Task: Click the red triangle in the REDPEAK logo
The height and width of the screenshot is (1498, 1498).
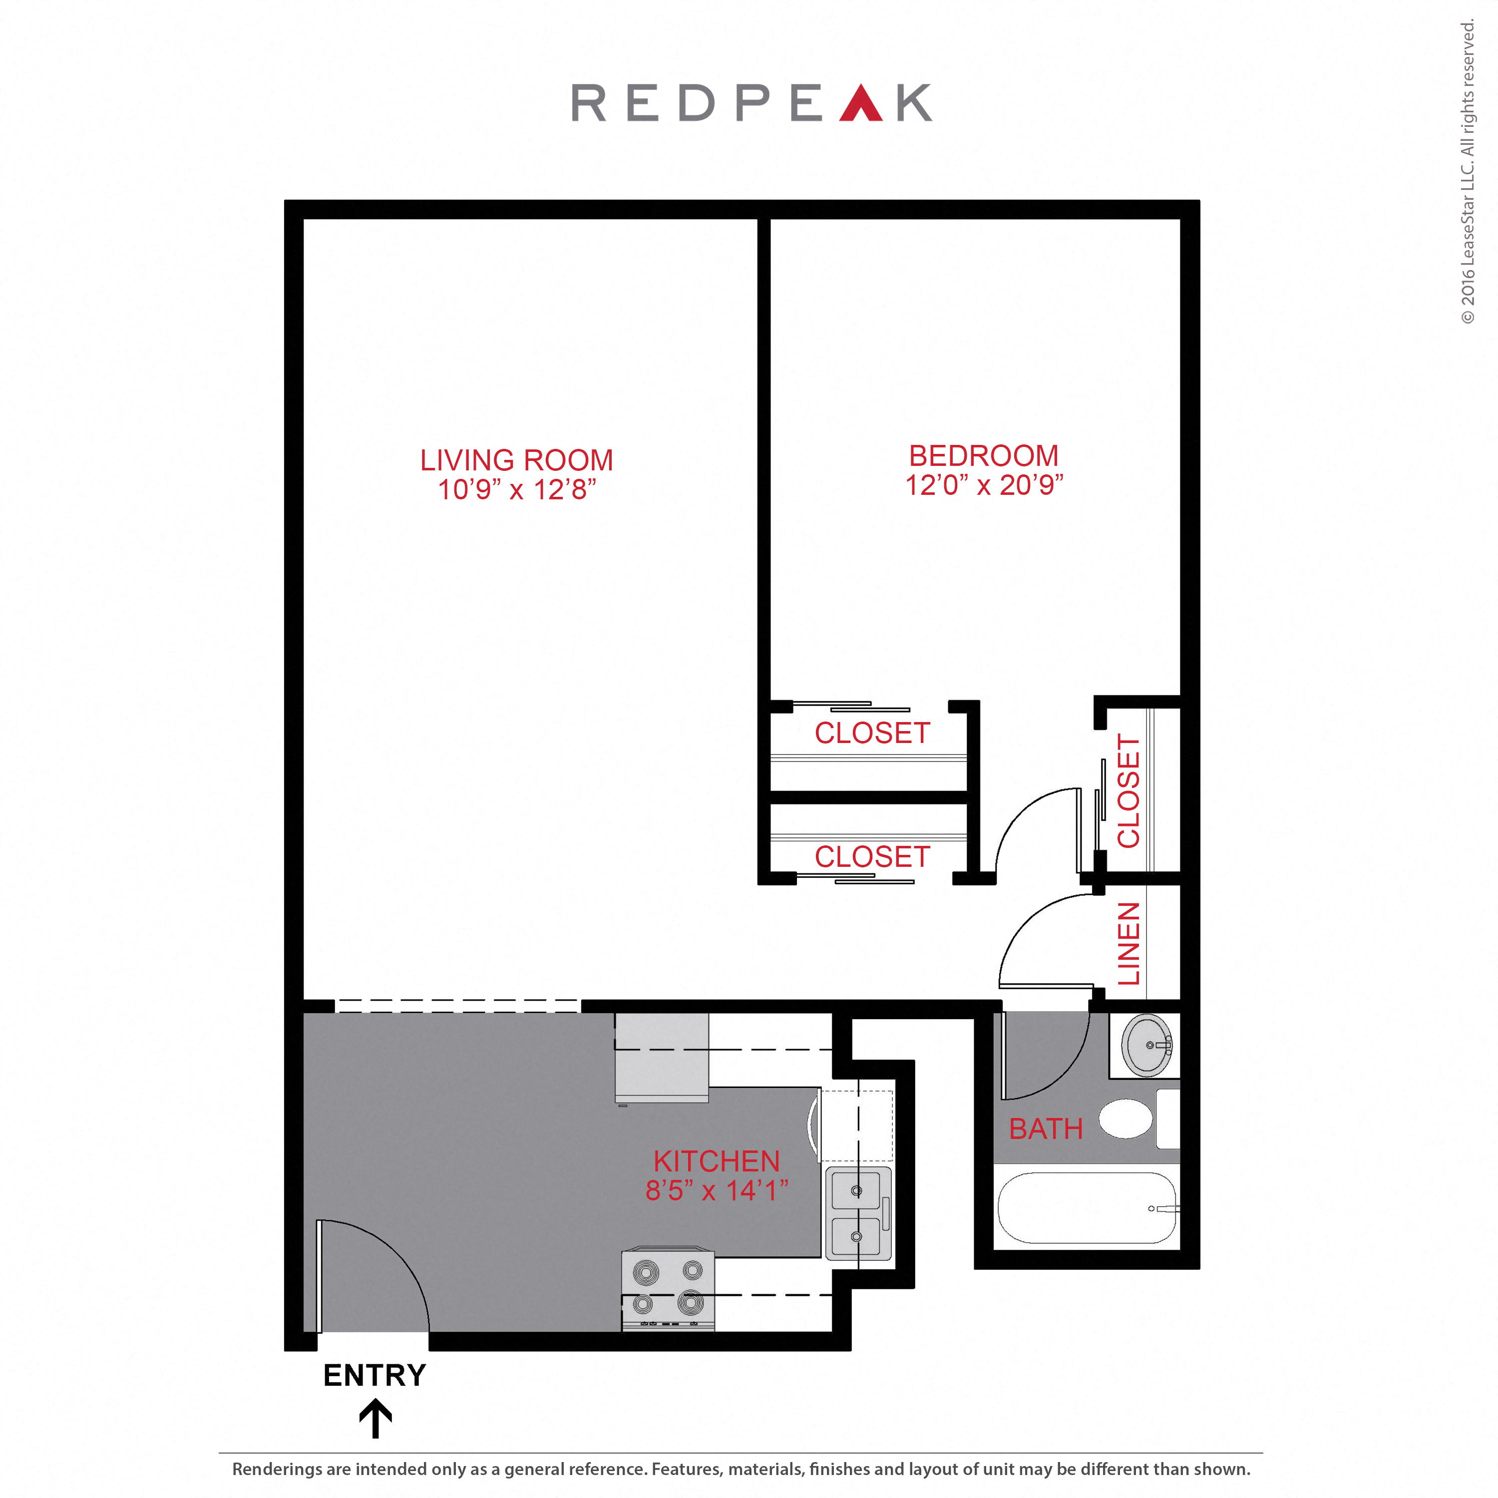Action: point(861,105)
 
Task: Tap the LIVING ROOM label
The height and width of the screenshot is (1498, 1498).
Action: point(516,460)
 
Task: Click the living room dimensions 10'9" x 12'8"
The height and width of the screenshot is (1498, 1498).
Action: point(516,490)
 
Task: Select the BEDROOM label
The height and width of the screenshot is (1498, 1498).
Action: point(983,456)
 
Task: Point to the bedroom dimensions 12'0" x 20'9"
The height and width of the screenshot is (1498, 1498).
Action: point(983,485)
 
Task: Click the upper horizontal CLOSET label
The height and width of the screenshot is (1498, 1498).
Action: point(871,733)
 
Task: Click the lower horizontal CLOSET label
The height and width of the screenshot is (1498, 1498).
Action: point(871,857)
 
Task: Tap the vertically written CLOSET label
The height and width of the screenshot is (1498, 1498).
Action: point(1128,791)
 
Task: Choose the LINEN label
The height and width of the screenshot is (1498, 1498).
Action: point(1128,944)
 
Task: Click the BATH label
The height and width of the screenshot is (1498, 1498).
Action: point(1045,1129)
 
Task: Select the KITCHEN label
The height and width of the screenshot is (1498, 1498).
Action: point(717,1161)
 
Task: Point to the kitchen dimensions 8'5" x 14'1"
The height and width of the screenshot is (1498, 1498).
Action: point(717,1190)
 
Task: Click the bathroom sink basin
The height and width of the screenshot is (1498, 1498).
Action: point(1146,1045)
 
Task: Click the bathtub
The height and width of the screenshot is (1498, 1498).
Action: point(1086,1208)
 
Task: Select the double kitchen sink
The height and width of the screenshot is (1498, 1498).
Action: point(857,1213)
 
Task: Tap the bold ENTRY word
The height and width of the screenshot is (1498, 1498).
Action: point(374,1376)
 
